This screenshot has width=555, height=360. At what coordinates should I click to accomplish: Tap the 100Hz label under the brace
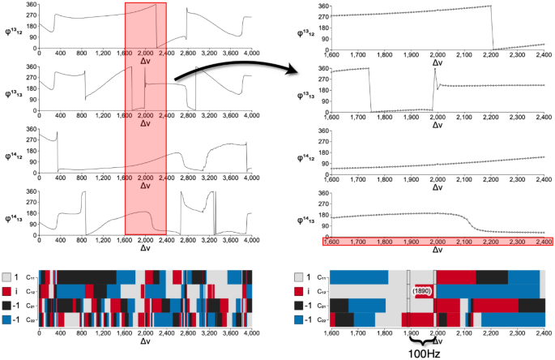coord(421,354)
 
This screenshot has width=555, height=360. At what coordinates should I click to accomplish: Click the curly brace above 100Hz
coord(421,341)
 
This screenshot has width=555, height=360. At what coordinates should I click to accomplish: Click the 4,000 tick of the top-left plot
coord(251,52)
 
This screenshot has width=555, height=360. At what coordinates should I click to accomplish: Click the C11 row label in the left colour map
coord(29,277)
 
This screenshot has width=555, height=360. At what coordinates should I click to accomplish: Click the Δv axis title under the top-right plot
coord(438,61)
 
